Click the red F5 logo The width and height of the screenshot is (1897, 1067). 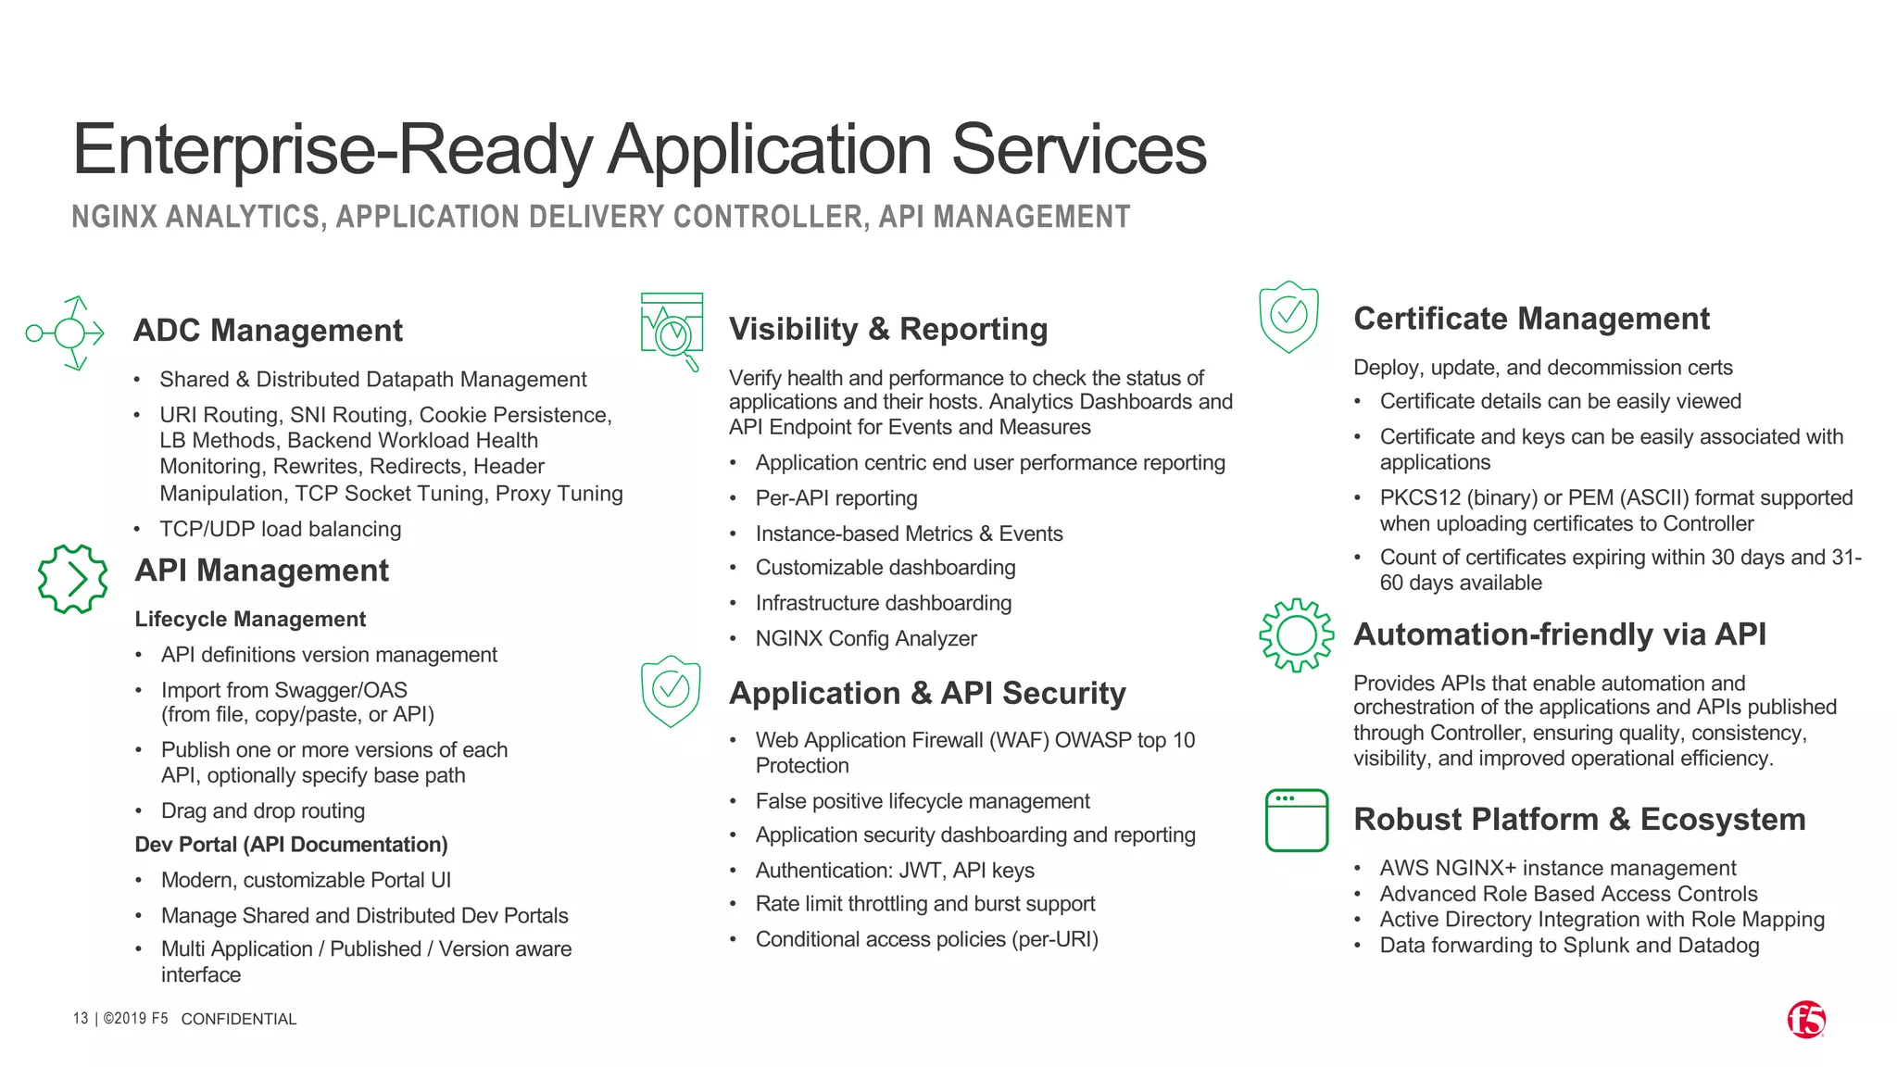[x=1805, y=1020]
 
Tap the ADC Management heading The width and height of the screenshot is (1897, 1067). [x=268, y=331]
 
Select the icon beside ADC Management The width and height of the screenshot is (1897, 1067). [x=66, y=333]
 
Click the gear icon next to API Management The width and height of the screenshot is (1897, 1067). [x=72, y=579]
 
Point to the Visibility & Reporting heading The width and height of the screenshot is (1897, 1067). [x=887, y=329]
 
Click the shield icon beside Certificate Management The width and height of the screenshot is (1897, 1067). [x=1288, y=317]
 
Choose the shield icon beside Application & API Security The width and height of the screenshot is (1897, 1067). [x=671, y=691]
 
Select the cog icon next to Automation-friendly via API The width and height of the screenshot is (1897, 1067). [x=1296, y=635]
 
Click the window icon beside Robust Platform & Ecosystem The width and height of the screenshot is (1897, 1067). [x=1296, y=820]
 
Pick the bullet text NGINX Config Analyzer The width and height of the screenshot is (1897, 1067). [x=865, y=639]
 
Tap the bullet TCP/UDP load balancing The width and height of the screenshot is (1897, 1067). [x=280, y=529]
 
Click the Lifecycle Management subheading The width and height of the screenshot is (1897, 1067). [x=250, y=619]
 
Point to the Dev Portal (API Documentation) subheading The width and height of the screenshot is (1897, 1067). [x=291, y=845]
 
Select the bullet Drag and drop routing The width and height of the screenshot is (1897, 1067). [x=262, y=811]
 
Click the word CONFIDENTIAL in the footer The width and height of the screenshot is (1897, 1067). [x=238, y=1019]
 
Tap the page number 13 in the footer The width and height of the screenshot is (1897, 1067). [x=81, y=1019]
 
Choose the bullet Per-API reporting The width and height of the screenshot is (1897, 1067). [x=835, y=498]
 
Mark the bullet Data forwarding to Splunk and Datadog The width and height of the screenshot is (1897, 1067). [x=1569, y=946]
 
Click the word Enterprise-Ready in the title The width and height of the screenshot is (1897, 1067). [x=332, y=150]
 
